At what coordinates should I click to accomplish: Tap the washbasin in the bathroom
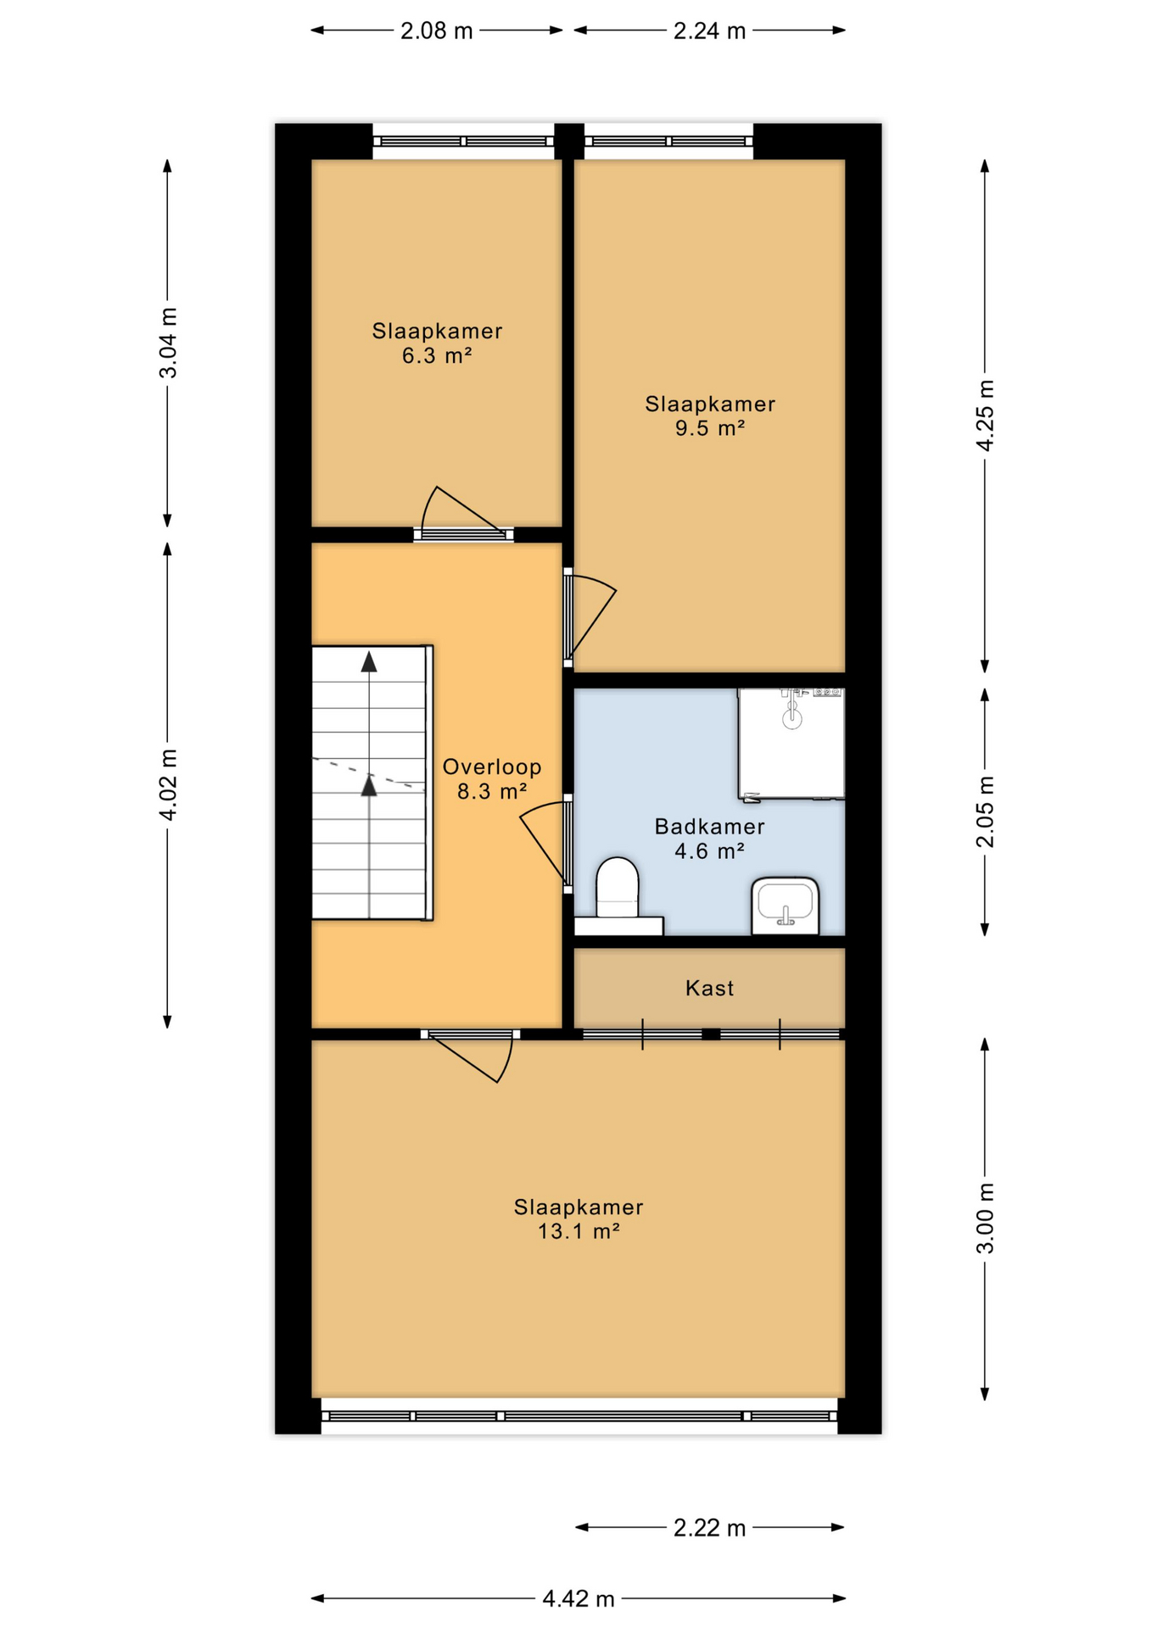tap(785, 906)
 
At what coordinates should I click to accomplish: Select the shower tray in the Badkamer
tap(791, 744)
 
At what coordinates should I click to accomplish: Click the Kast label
tap(709, 988)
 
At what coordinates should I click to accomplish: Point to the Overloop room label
tap(492, 767)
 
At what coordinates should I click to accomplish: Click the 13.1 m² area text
tap(579, 1231)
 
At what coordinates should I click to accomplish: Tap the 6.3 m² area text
tap(437, 355)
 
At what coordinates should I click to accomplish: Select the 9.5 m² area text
tap(710, 428)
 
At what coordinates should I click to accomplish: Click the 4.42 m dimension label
tap(579, 1599)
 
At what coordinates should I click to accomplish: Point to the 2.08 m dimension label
tap(437, 31)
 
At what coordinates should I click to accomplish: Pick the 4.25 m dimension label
tap(986, 415)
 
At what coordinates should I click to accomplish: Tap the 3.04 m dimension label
tap(169, 343)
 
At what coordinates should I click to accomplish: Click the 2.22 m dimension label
tap(709, 1528)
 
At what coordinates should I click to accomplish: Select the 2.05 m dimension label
tap(986, 811)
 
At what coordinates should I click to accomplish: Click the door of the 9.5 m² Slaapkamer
tap(590, 617)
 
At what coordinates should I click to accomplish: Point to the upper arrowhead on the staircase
tap(369, 662)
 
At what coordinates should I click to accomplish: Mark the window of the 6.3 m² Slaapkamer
tap(463, 142)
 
